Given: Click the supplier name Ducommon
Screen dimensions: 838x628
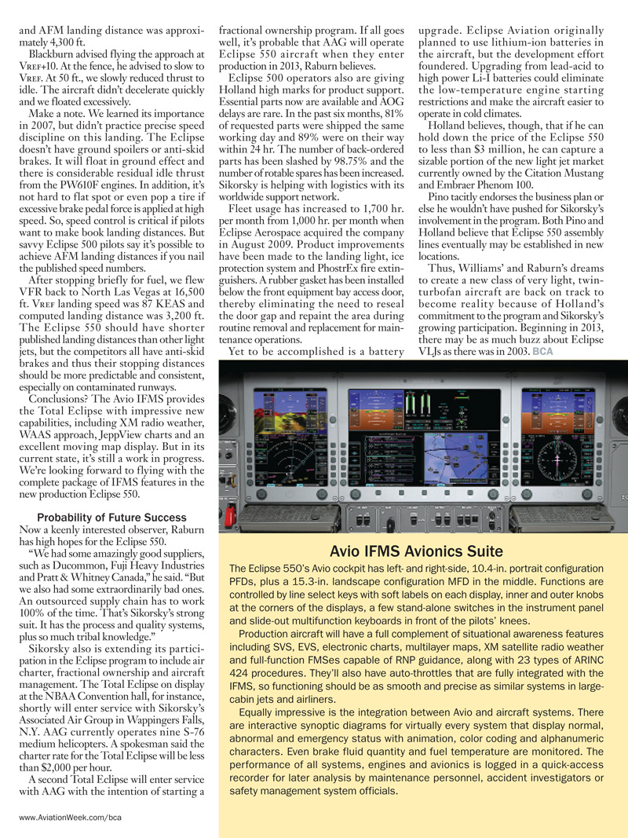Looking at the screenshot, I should tap(68, 565).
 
